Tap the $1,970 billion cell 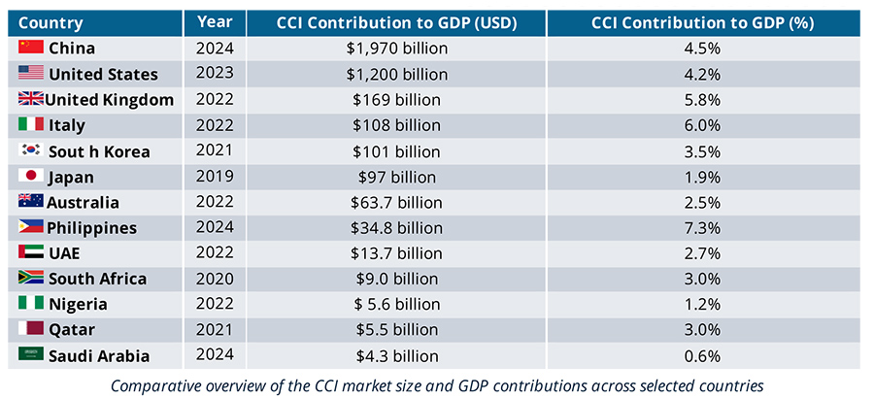click(397, 49)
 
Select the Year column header click(214, 21)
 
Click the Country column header click(50, 22)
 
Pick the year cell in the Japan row click(214, 177)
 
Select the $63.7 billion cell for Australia click(397, 203)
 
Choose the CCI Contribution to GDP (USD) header click(397, 22)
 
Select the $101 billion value click(397, 151)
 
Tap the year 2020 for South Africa click(214, 280)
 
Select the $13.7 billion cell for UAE click(397, 253)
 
